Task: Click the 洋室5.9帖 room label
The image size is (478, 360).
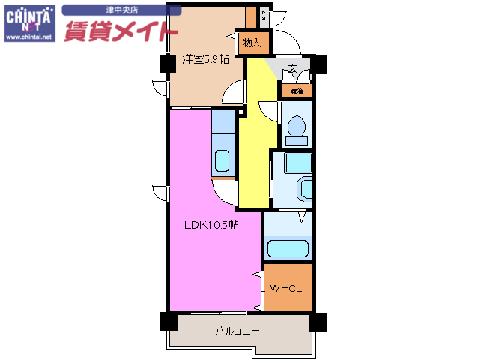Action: pos(205,60)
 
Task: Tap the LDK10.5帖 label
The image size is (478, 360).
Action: pos(212,225)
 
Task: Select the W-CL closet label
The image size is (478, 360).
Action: pos(285,288)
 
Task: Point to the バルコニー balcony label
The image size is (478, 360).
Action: pos(238,331)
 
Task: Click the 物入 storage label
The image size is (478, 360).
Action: pos(251,43)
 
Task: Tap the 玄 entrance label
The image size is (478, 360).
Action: pos(292,70)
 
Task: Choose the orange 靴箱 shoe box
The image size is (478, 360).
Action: pos(296,91)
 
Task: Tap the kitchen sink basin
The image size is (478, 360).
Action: pos(223,160)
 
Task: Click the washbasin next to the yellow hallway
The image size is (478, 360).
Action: pos(304,187)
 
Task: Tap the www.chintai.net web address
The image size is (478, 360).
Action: pos(29,37)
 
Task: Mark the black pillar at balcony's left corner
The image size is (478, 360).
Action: pos(166,320)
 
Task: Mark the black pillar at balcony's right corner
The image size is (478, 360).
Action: pos(319,320)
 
